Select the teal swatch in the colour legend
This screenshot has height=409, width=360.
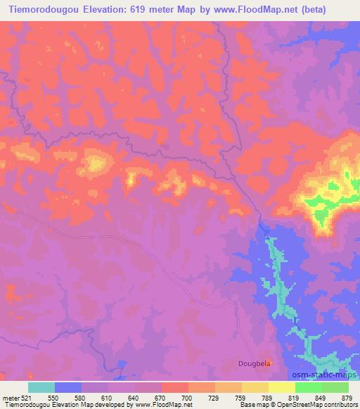41,387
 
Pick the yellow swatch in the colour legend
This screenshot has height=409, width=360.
281,387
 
